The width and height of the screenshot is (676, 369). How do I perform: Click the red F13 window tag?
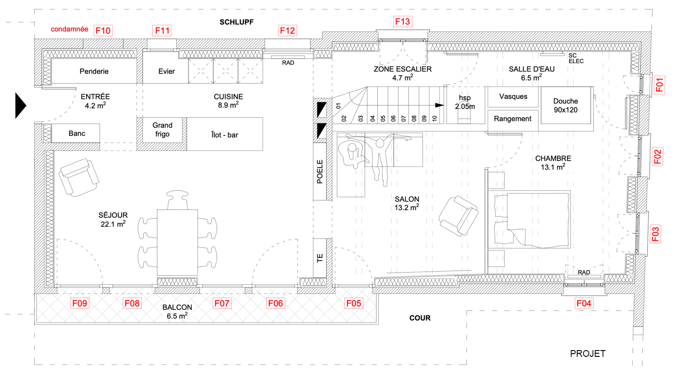point(402,21)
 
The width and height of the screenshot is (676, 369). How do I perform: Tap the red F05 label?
point(354,303)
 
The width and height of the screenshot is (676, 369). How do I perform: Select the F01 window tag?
point(659,85)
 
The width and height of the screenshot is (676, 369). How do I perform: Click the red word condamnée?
point(69,29)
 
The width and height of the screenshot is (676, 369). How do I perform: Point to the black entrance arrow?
point(20,105)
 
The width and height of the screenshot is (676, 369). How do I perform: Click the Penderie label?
point(94,71)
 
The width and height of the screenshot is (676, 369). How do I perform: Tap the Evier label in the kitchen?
point(166,71)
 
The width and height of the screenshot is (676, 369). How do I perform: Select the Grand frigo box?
point(162,130)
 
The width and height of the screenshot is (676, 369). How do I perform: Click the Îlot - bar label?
point(224,135)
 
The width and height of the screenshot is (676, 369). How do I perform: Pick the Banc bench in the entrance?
point(77,133)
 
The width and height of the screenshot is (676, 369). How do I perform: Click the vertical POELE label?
point(320,171)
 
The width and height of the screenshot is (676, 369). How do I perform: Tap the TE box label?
point(320,258)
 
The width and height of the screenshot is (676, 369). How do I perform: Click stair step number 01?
point(338,106)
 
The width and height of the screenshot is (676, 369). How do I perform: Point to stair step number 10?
point(434,118)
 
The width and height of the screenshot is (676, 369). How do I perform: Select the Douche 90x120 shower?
point(566,105)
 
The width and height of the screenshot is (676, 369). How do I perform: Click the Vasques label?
point(513,96)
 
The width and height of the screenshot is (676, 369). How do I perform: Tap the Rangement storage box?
point(512,119)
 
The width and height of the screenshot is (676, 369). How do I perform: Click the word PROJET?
point(587,354)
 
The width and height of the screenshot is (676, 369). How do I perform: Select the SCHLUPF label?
point(237,22)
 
